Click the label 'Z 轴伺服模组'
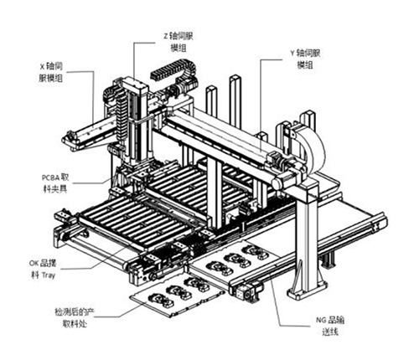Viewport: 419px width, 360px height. [x=178, y=43]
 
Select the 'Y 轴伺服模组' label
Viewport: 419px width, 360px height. [x=305, y=59]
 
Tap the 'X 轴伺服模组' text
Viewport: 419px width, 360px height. [x=50, y=72]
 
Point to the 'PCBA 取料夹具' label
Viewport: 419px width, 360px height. [x=55, y=183]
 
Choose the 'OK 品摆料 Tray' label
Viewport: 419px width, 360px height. [x=43, y=270]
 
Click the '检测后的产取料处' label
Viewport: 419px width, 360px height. [x=74, y=318]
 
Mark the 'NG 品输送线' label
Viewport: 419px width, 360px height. [x=330, y=326]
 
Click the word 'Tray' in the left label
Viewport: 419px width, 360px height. [x=49, y=275]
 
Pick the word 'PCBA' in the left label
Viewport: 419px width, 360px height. [x=51, y=177]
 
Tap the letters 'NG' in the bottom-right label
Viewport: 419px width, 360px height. [x=321, y=320]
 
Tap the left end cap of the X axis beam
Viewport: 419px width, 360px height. [x=70, y=141]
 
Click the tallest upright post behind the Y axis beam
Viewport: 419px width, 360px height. [x=235, y=102]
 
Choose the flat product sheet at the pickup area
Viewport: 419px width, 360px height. [x=177, y=297]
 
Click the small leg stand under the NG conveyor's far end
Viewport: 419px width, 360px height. [x=329, y=260]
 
